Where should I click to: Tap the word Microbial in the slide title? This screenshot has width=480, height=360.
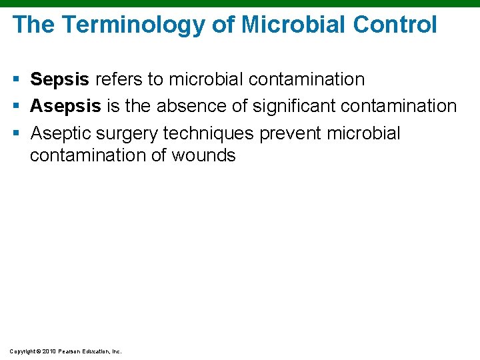tap(295, 25)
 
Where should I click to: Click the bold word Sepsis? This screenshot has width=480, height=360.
tap(59, 80)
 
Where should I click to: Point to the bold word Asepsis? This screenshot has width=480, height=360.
tap(65, 107)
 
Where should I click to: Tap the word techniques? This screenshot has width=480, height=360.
tap(210, 133)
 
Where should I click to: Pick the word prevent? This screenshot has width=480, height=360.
tap(290, 133)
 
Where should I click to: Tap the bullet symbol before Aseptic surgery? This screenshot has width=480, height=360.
tap(17, 134)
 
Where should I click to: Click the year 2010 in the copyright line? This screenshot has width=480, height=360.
tap(49, 351)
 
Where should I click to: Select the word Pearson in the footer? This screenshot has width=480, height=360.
tap(70, 351)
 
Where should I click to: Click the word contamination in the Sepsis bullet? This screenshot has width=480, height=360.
tap(307, 80)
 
